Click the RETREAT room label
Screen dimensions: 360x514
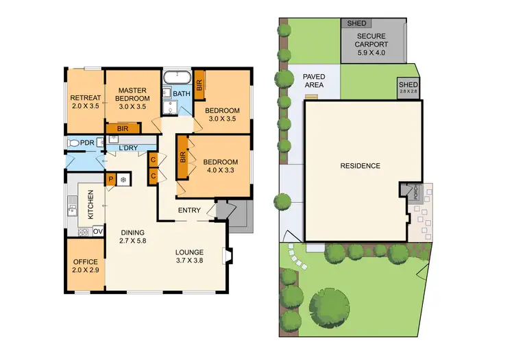pyautogui.click(x=85, y=101)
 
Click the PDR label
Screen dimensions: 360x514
pyautogui.click(x=87, y=143)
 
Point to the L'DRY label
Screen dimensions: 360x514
pyautogui.click(x=129, y=148)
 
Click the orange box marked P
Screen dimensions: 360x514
pyautogui.click(x=110, y=179)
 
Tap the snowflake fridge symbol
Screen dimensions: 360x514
pyautogui.click(x=123, y=180)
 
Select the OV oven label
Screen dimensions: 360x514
pyautogui.click(x=97, y=230)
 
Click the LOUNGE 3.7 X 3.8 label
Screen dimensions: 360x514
pyautogui.click(x=191, y=256)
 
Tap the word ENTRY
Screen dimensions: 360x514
pyautogui.click(x=189, y=211)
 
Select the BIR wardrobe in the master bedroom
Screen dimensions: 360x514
pyautogui.click(x=123, y=128)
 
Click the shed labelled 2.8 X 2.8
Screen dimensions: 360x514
pyautogui.click(x=408, y=88)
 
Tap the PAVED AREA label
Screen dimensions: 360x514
pyautogui.click(x=315, y=81)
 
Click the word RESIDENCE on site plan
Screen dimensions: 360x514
pyautogui.click(x=360, y=166)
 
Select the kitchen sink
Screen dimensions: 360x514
pyautogui.click(x=73, y=204)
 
